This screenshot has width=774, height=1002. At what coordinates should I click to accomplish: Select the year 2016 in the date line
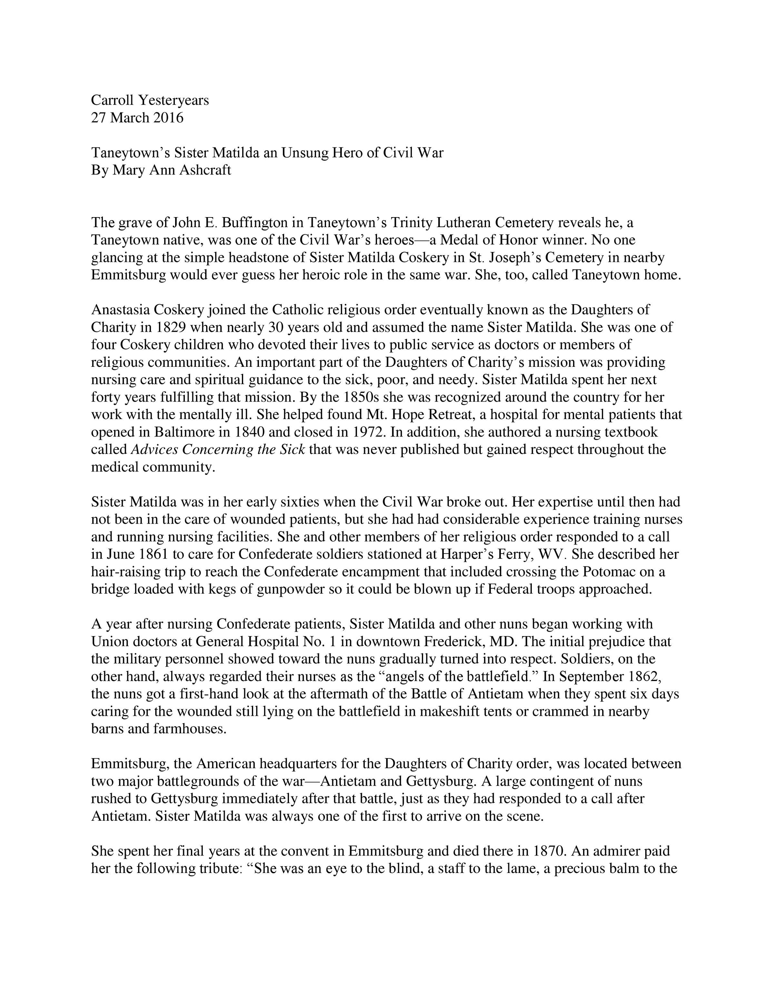168,117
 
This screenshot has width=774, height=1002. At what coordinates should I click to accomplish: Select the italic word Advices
154,450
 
